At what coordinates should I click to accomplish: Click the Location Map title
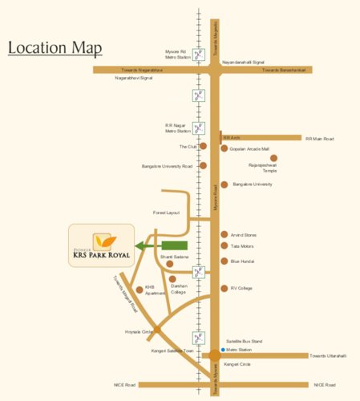55,48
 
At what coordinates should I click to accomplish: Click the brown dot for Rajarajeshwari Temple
273,158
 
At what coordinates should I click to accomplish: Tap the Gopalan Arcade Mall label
249,148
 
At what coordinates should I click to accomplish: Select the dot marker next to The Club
203,147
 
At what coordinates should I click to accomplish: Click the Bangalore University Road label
167,166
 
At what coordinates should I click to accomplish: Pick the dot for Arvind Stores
224,234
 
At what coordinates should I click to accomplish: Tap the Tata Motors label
242,246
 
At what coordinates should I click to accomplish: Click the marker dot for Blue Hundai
224,261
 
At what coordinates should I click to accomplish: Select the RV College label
241,288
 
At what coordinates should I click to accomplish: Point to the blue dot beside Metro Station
223,350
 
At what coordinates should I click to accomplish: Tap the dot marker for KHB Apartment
140,289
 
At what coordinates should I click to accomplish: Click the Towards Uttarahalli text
329,355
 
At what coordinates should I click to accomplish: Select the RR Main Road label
319,139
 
